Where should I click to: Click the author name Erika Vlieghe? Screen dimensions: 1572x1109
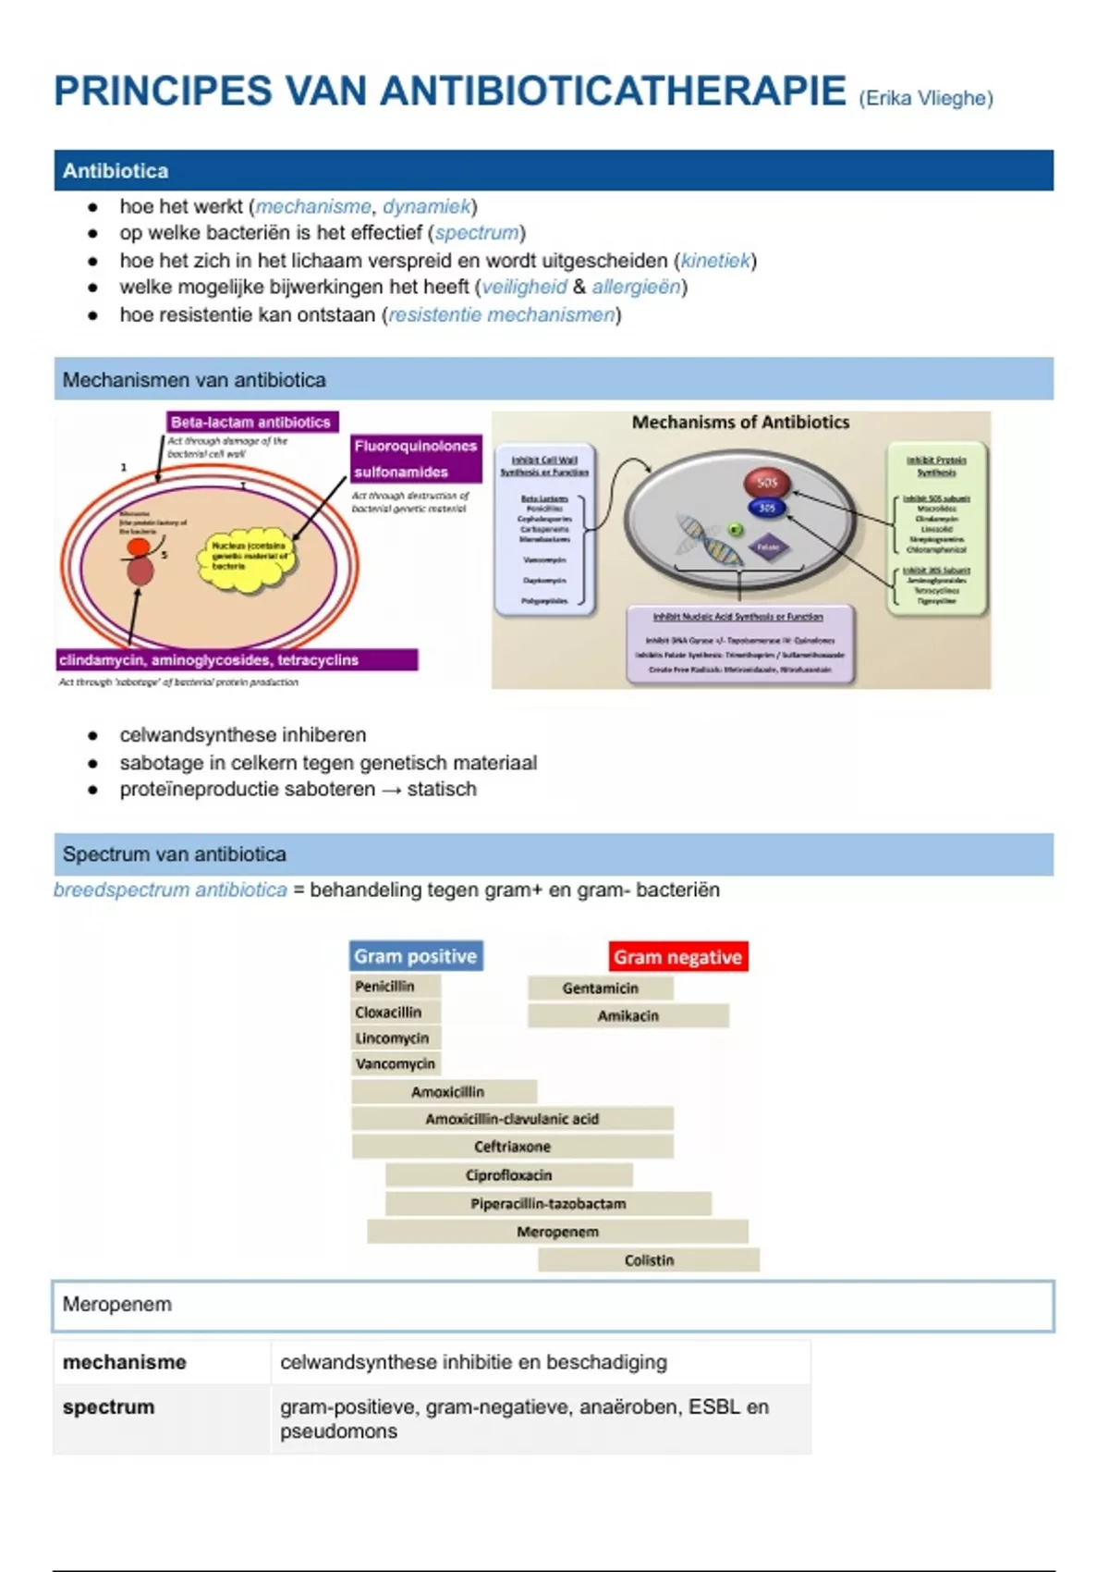pyautogui.click(x=925, y=98)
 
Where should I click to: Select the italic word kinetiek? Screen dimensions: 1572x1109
pyautogui.click(x=715, y=261)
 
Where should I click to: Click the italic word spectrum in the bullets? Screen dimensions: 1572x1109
pyautogui.click(x=476, y=233)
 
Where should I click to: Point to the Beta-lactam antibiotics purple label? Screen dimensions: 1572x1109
pyautogui.click(x=251, y=422)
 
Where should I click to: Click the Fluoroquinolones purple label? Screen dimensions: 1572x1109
pyautogui.click(x=416, y=447)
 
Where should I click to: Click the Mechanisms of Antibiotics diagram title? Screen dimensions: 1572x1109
pyautogui.click(x=740, y=423)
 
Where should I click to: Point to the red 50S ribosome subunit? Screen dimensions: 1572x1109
pyautogui.click(x=766, y=482)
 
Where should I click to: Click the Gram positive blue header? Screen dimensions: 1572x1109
pyautogui.click(x=416, y=956)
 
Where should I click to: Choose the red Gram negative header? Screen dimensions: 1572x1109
pyautogui.click(x=677, y=957)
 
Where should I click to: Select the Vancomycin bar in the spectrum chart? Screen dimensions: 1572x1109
pyautogui.click(x=395, y=1063)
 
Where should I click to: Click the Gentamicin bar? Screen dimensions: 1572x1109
pyautogui.click(x=600, y=988)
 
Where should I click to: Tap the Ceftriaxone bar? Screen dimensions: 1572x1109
pyautogui.click(x=512, y=1147)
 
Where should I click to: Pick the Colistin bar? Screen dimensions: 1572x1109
pyautogui.click(x=649, y=1259)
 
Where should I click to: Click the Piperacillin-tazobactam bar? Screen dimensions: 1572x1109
pyautogui.click(x=548, y=1203)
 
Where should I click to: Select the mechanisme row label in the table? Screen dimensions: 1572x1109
pyautogui.click(x=125, y=1362)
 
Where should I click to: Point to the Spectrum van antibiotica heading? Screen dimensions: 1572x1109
pyautogui.click(x=175, y=854)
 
